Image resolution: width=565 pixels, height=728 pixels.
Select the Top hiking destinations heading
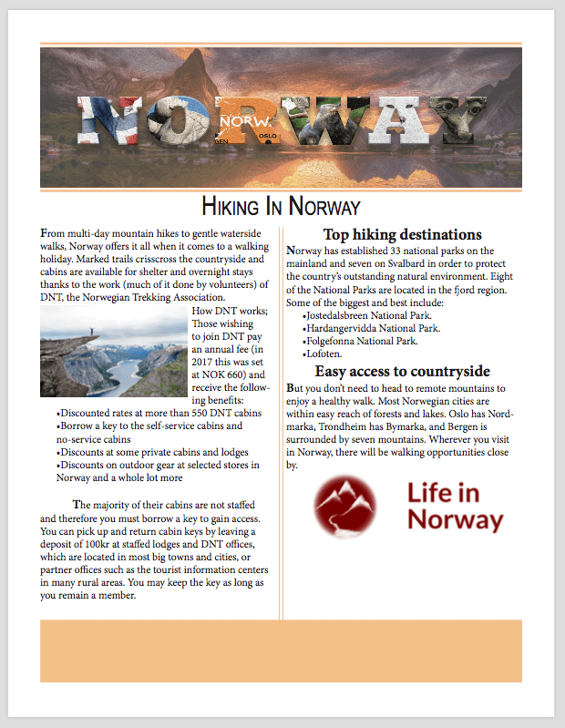[402, 234]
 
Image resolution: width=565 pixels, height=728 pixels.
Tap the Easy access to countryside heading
[402, 371]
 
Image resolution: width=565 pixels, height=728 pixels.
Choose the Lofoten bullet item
[324, 354]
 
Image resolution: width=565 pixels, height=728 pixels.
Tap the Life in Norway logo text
[455, 507]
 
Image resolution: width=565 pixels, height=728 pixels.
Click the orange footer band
[281, 651]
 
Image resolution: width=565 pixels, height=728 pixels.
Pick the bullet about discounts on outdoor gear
[158, 465]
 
